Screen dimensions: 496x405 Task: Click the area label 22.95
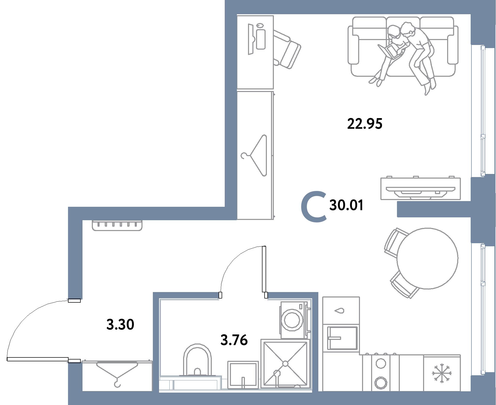(365, 124)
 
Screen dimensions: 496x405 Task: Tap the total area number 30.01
(346, 205)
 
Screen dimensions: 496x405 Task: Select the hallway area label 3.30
(120, 325)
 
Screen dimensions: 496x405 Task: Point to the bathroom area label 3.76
(234, 340)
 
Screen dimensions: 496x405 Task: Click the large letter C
(314, 207)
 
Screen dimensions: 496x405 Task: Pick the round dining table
(427, 258)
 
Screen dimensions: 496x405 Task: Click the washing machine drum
(292, 320)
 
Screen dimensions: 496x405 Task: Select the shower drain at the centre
(285, 364)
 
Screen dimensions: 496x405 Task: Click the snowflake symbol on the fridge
(442, 373)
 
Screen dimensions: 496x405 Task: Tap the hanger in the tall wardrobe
(254, 155)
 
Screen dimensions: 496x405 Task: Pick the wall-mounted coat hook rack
(117, 225)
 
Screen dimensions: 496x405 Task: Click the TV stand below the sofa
(420, 188)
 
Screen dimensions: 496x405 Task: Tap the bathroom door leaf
(264, 269)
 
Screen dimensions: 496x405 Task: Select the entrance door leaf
(37, 359)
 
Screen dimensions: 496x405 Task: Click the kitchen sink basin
(342, 338)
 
